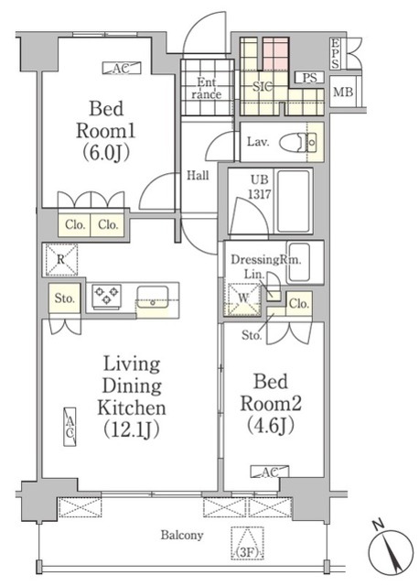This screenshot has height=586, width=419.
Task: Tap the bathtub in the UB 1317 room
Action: pyautogui.click(x=294, y=201)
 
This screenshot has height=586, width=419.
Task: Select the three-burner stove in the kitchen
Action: pyautogui.click(x=107, y=297)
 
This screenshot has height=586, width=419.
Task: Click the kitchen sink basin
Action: pyautogui.click(x=153, y=297)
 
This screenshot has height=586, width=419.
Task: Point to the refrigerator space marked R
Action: pyautogui.click(x=61, y=259)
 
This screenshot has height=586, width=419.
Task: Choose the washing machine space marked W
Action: pyautogui.click(x=244, y=299)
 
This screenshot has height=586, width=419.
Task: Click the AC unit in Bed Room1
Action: pyautogui.click(x=122, y=68)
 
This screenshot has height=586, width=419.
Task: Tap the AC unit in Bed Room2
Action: pyautogui.click(x=269, y=472)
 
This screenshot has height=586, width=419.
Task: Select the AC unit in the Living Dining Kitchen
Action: pyautogui.click(x=70, y=427)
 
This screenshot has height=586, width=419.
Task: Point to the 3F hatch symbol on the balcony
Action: pyautogui.click(x=248, y=543)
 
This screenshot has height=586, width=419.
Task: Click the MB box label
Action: pyautogui.click(x=343, y=92)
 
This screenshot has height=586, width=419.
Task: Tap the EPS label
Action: pyautogui.click(x=336, y=54)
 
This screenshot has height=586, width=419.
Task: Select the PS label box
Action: pyautogui.click(x=309, y=78)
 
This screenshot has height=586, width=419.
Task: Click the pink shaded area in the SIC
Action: pyautogui.click(x=275, y=53)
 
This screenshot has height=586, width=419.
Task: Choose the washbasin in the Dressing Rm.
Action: pyautogui.click(x=299, y=263)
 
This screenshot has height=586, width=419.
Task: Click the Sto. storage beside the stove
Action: pyautogui.click(x=64, y=298)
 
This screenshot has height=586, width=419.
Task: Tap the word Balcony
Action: pyautogui.click(x=182, y=535)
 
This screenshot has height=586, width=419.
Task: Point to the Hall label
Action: pyautogui.click(x=198, y=175)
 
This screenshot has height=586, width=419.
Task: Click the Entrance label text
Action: pyautogui.click(x=207, y=88)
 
